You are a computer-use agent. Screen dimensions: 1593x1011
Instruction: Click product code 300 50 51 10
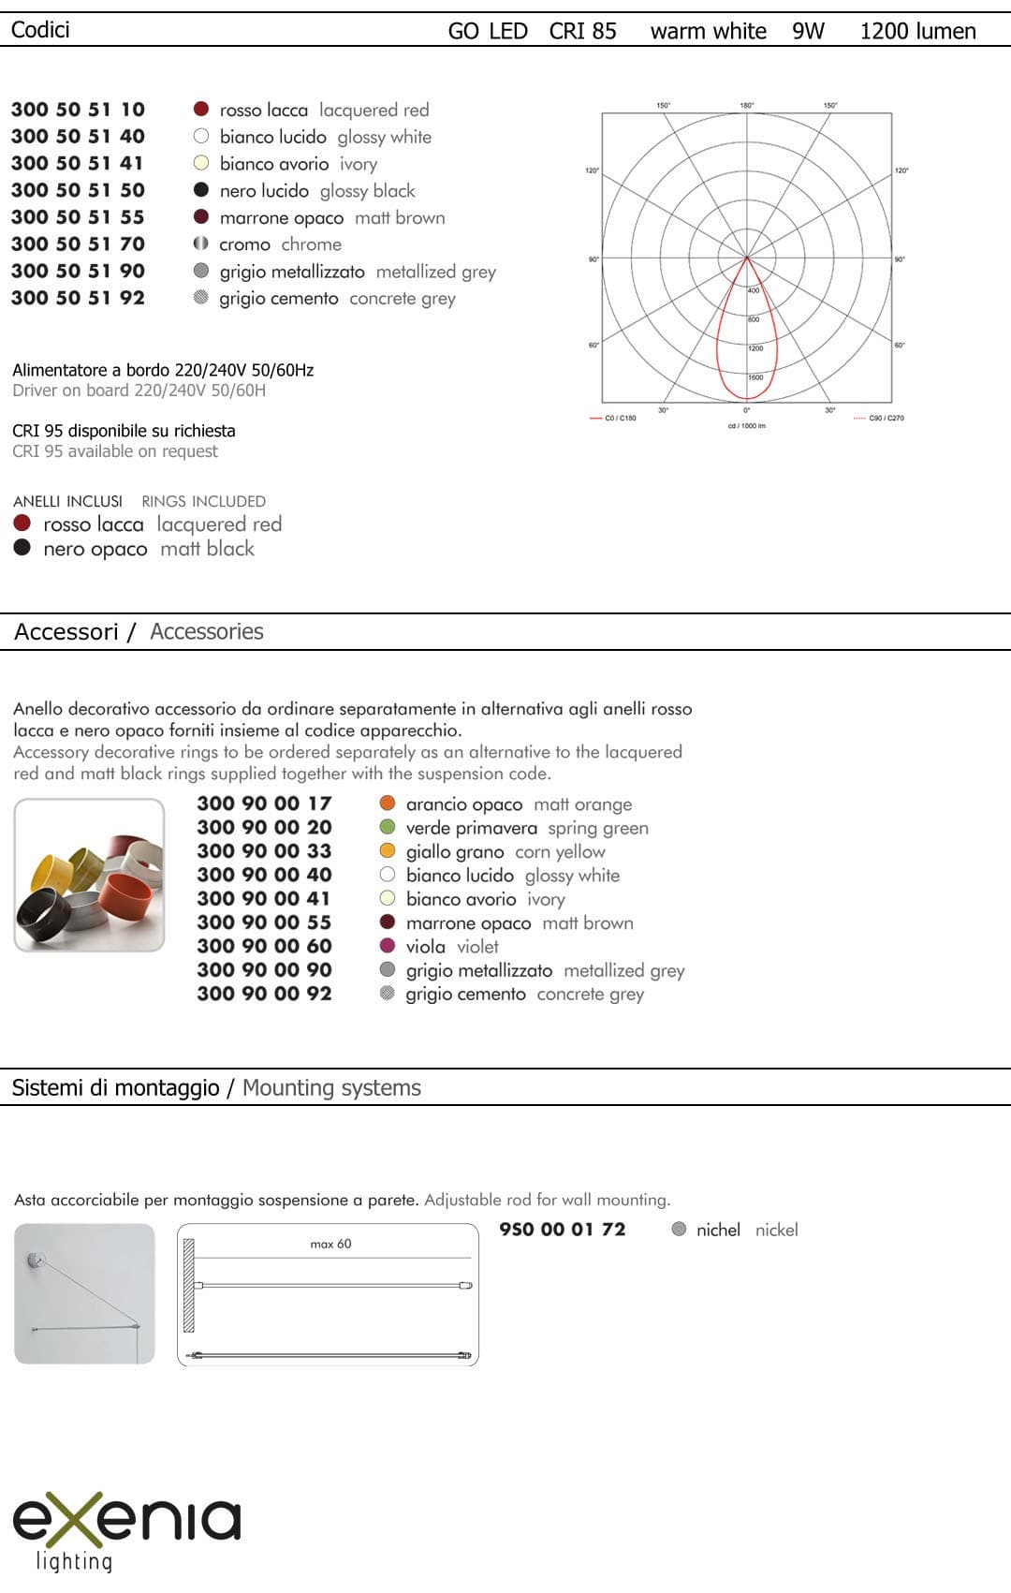click(78, 110)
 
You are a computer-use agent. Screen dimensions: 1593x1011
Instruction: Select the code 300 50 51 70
click(78, 244)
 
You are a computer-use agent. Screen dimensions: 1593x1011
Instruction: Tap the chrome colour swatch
click(200, 244)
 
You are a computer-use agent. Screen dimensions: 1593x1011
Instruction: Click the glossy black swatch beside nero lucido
click(200, 190)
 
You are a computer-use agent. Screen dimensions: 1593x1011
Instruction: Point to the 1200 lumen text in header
click(917, 31)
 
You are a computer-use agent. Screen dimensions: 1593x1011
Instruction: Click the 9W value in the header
click(808, 31)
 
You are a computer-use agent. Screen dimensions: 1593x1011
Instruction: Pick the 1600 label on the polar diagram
click(755, 377)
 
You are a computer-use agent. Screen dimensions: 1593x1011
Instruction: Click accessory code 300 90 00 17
click(264, 804)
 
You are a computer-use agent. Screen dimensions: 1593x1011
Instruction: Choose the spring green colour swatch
click(388, 828)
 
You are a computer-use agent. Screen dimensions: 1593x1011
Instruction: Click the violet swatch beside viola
click(388, 947)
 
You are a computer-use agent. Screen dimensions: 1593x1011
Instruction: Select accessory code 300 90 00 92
click(264, 994)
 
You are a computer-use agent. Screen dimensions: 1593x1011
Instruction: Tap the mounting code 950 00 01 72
click(562, 1230)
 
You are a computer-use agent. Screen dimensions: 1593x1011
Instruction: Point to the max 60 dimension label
click(330, 1244)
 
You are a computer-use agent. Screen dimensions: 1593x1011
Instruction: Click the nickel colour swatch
click(680, 1230)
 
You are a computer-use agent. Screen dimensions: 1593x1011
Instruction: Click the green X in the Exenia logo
click(83, 1519)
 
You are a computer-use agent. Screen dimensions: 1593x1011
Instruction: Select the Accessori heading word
click(66, 632)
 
